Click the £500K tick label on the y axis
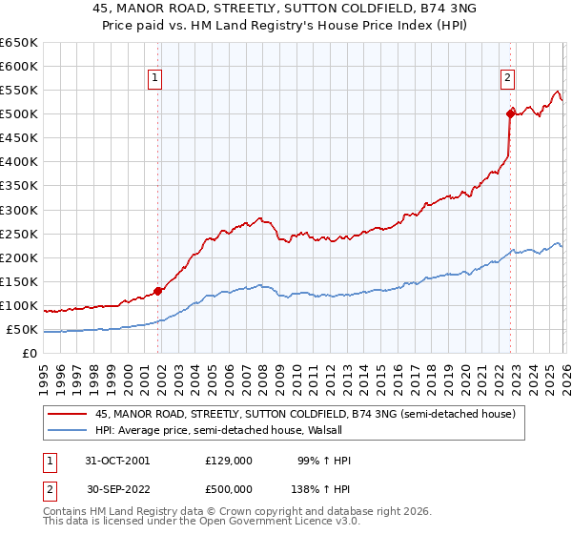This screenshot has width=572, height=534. (x=18, y=114)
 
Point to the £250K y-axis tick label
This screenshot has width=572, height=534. (x=18, y=234)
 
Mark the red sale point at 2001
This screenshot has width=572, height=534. (x=158, y=292)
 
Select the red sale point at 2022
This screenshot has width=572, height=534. (x=510, y=113)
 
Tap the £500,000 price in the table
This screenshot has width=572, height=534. (x=229, y=487)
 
